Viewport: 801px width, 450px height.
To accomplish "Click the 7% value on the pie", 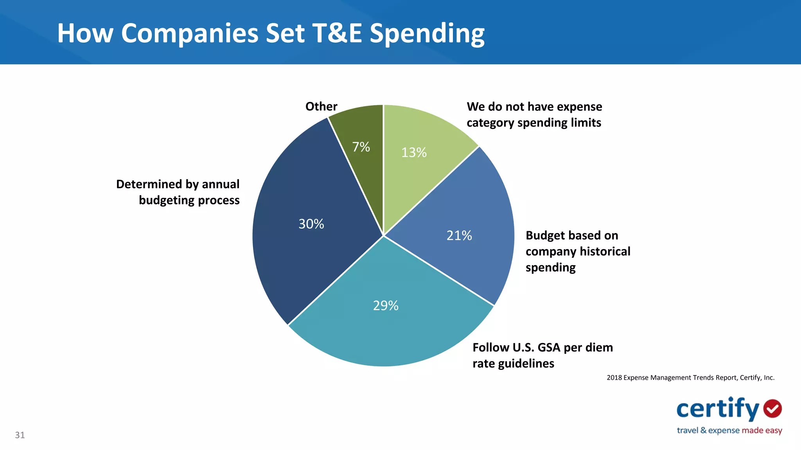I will [x=361, y=147].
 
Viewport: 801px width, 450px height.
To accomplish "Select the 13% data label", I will [x=414, y=152].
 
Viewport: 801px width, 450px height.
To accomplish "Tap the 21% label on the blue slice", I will [x=459, y=236].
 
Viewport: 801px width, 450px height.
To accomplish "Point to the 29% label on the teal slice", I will [x=386, y=305].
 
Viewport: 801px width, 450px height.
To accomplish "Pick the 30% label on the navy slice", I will [x=311, y=224].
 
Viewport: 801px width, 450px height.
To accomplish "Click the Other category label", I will [x=321, y=106].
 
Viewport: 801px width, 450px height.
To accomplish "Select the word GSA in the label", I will [x=549, y=347].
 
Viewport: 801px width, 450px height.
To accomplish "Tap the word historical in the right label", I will [x=605, y=251].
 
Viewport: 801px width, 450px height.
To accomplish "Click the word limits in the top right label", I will [x=586, y=123].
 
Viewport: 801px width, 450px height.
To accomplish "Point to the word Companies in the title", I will [x=190, y=33].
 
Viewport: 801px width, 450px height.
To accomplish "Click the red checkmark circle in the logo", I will [x=772, y=409].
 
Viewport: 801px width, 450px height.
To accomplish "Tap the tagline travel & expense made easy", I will [x=729, y=430].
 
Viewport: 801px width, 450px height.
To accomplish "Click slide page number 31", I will [x=20, y=435].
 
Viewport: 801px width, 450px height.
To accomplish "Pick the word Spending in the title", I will [x=427, y=33].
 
